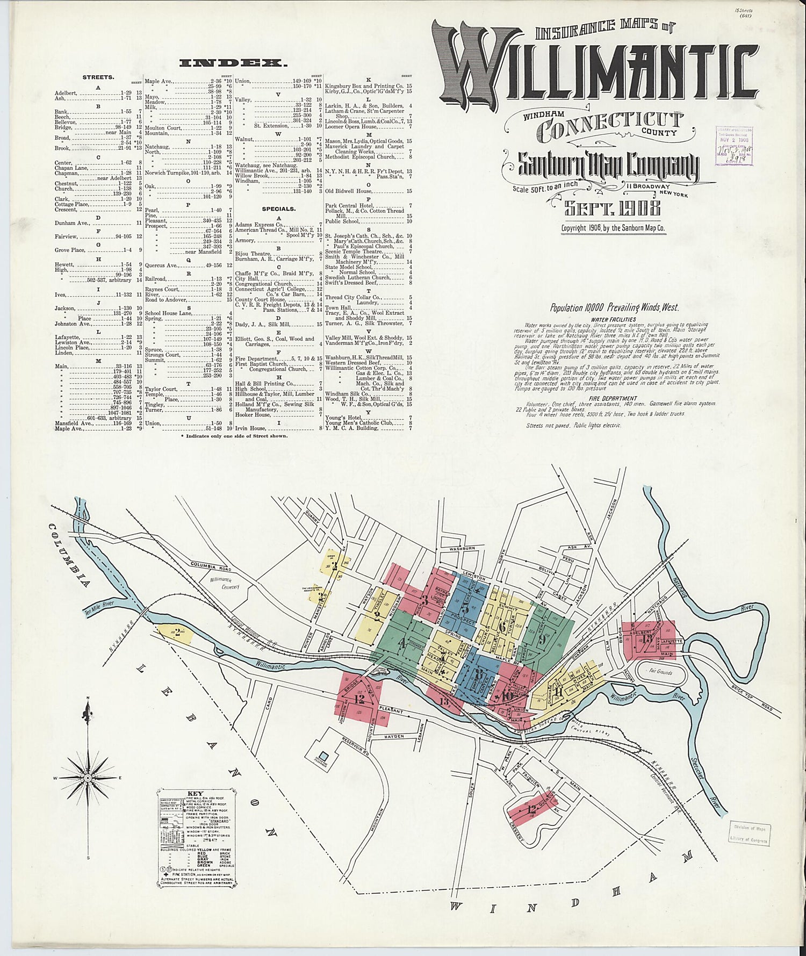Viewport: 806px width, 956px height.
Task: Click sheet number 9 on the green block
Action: click(542, 639)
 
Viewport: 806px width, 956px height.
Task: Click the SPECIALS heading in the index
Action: click(278, 209)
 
